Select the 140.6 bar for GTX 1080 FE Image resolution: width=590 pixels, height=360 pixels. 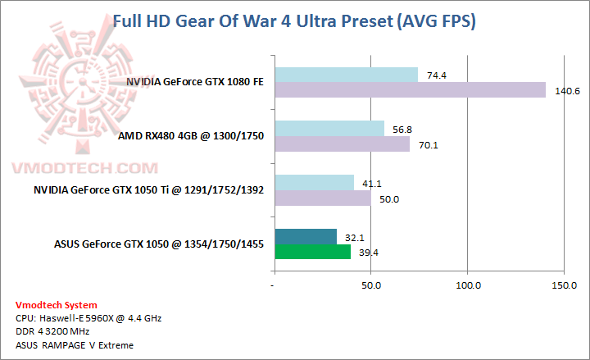point(410,89)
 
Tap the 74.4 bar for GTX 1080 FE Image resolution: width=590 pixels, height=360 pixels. point(346,75)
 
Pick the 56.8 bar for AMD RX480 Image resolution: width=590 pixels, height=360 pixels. point(329,129)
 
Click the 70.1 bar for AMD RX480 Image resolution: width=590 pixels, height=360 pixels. point(342,144)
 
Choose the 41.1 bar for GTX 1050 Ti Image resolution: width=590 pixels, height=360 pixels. point(314,182)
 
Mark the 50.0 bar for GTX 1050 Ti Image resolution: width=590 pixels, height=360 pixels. point(322,198)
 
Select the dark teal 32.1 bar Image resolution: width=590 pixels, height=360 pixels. point(305,236)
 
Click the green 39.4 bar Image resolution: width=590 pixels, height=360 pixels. point(312,251)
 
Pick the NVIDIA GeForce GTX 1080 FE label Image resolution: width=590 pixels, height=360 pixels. point(195,82)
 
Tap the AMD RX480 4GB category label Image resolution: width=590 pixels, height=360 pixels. point(191,136)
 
